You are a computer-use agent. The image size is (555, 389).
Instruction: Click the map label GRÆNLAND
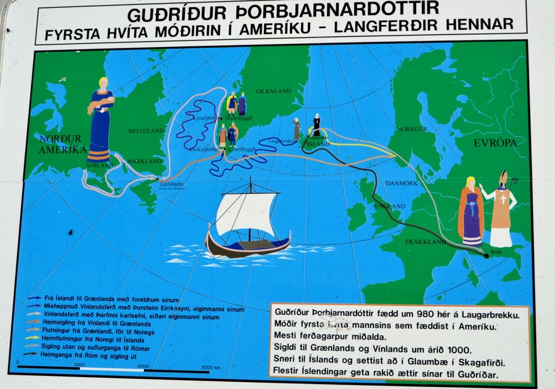click(273, 92)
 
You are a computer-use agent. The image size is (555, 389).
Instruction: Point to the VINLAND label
click(100, 165)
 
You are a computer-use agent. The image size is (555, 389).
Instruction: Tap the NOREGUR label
click(412, 129)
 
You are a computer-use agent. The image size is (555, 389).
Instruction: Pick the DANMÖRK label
click(402, 183)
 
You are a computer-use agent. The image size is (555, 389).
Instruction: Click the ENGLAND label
click(390, 206)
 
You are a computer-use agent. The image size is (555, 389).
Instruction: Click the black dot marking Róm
click(486, 255)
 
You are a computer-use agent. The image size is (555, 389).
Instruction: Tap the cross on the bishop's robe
click(503, 200)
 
